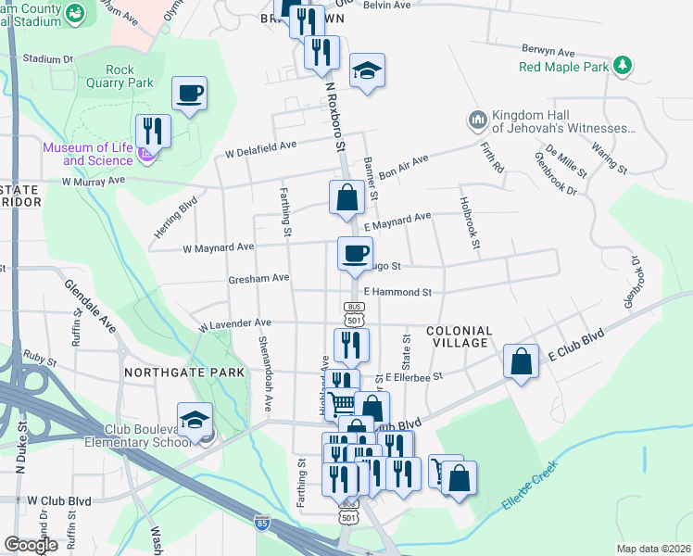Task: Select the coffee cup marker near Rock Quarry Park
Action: [x=189, y=94]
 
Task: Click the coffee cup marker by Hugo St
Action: [x=354, y=254]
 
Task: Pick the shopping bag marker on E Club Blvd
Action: [x=522, y=362]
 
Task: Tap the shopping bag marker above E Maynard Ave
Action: [x=346, y=197]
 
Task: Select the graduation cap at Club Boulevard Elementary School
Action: [x=195, y=422]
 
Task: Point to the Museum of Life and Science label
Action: [x=86, y=154]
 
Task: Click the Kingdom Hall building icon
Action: [x=477, y=120]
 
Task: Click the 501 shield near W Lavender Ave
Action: [x=352, y=319]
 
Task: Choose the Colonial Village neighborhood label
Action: [x=457, y=336]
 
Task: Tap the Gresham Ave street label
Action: [x=260, y=278]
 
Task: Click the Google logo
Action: [x=31, y=545]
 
